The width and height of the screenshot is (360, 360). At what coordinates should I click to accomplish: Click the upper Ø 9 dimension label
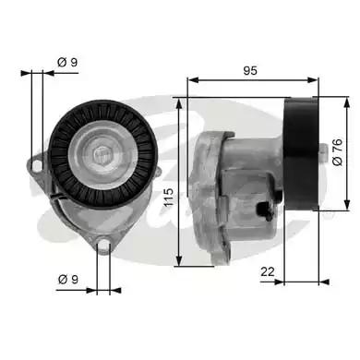click(66, 62)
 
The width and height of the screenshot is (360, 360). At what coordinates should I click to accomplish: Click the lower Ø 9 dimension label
click(66, 277)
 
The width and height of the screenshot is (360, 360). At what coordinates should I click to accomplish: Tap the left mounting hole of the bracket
click(37, 165)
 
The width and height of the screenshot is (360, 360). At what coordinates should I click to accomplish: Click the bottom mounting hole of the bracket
click(104, 246)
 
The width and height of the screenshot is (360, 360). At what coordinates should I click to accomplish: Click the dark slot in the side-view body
click(269, 210)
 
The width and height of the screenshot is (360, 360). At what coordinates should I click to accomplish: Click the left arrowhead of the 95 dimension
click(191, 80)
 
